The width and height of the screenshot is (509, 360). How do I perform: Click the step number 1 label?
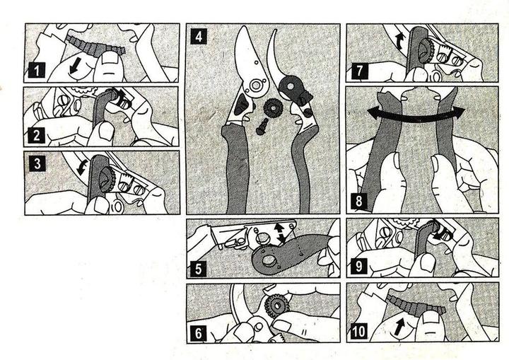36,70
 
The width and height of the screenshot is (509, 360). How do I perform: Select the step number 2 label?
36,135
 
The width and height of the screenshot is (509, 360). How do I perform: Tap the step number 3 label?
37,163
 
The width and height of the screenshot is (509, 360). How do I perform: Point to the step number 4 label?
199,36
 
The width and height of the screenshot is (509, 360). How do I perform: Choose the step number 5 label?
199,269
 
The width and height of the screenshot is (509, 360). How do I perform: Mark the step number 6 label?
199,333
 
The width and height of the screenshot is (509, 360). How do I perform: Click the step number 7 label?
358,71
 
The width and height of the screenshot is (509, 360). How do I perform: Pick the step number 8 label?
358,201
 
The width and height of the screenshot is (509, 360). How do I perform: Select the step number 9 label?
358,267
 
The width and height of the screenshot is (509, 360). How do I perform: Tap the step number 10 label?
358,332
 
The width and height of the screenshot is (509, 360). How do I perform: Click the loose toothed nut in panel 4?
273,109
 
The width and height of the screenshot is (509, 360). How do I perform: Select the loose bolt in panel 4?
262,127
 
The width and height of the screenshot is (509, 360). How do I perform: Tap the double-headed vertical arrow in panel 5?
280,233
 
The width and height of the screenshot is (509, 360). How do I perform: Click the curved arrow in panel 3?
81,167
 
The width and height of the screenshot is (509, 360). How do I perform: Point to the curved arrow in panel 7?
399,41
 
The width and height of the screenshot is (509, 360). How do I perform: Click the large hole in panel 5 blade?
269,260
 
